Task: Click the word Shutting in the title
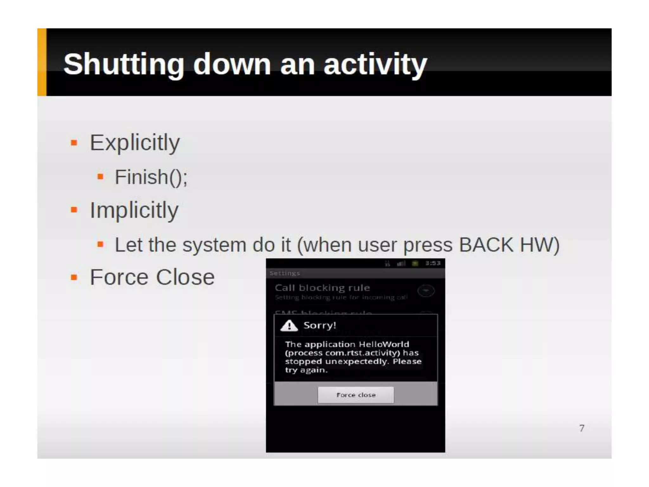124,64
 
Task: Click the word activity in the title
375,64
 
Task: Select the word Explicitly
135,143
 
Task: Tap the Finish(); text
151,177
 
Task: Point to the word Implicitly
134,210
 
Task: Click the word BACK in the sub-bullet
486,245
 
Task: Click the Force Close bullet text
152,277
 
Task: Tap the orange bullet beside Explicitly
74,143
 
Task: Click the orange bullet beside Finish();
100,177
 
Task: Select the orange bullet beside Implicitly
74,210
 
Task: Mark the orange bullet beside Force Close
74,277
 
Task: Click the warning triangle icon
289,325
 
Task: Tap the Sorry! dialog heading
319,325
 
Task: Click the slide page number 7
582,428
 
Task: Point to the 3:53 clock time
433,263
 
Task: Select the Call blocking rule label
322,288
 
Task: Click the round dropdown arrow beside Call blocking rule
426,290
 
